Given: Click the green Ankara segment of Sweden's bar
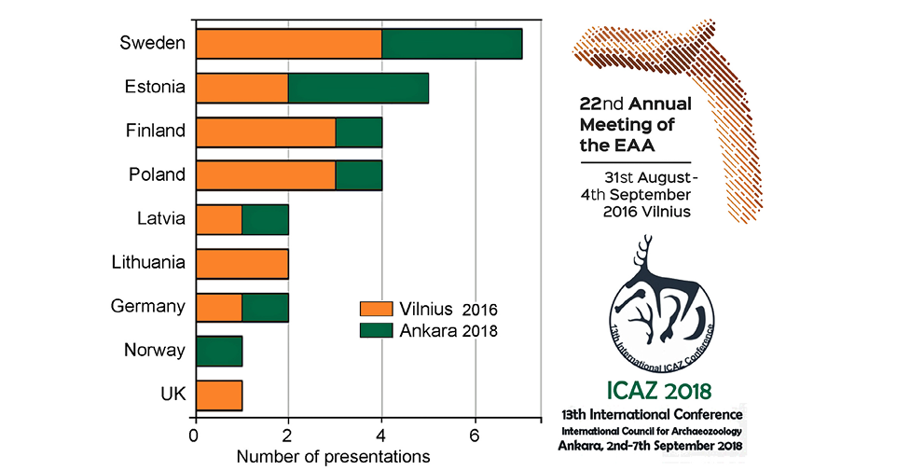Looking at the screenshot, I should [x=451, y=44].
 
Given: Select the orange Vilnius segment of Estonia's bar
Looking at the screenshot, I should [x=241, y=88].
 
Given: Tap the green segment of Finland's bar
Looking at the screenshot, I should [x=358, y=132].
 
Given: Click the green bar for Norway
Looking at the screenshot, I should [x=218, y=352].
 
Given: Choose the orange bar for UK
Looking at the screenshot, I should [x=218, y=395].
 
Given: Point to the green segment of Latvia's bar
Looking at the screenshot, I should [x=265, y=220].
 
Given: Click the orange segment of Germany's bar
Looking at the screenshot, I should [x=218, y=308].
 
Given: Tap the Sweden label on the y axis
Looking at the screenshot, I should [x=151, y=43].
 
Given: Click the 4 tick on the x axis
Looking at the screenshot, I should [x=381, y=435].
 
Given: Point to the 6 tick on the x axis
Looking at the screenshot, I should [x=476, y=435].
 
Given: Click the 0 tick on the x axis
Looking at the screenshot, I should [x=195, y=435].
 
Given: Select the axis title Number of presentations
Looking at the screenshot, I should [x=333, y=457].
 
